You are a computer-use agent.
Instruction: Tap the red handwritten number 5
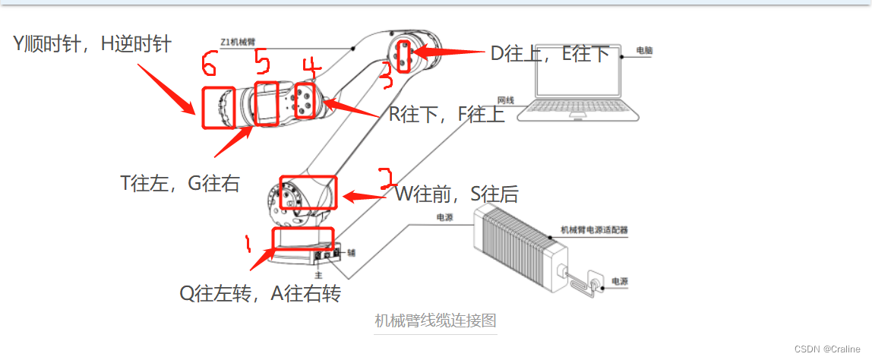pos(261,60)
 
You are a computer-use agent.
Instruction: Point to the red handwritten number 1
pos(247,243)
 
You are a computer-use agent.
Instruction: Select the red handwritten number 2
pos(387,178)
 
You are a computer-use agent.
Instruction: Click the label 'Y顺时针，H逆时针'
pos(92,44)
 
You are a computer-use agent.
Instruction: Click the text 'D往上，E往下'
pos(550,53)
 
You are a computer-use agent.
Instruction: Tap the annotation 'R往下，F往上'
pos(447,115)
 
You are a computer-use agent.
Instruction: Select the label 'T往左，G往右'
pos(180,183)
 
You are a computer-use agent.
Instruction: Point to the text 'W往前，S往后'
pos(457,194)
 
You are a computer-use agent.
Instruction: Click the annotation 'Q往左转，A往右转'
pos(260,293)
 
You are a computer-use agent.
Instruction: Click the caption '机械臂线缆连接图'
pos(435,321)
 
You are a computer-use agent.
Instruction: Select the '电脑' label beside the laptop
pos(644,50)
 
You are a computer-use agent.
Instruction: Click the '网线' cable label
pos(506,99)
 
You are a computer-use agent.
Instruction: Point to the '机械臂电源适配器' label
pos(594,229)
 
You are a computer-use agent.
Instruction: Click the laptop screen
pos(578,76)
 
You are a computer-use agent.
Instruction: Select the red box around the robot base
pos(302,238)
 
